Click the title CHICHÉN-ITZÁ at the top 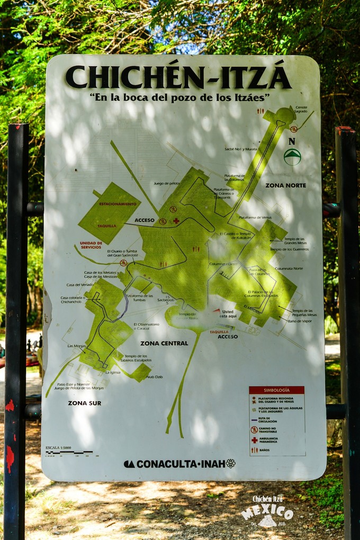click(x=178, y=77)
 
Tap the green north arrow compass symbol click(x=292, y=157)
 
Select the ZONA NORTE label click(x=285, y=185)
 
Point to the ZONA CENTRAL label click(x=164, y=343)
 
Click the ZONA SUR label click(x=84, y=403)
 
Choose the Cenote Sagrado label click(x=301, y=110)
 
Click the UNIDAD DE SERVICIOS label click(x=91, y=246)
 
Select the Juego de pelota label click(x=167, y=183)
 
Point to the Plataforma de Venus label click(x=255, y=218)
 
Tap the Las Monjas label click(x=76, y=346)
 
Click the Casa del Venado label click(x=80, y=285)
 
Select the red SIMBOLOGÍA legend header click(x=276, y=390)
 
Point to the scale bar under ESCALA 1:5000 click(x=69, y=453)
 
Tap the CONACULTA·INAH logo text click(x=180, y=464)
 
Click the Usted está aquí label click(x=227, y=314)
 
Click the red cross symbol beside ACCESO click(x=176, y=221)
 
